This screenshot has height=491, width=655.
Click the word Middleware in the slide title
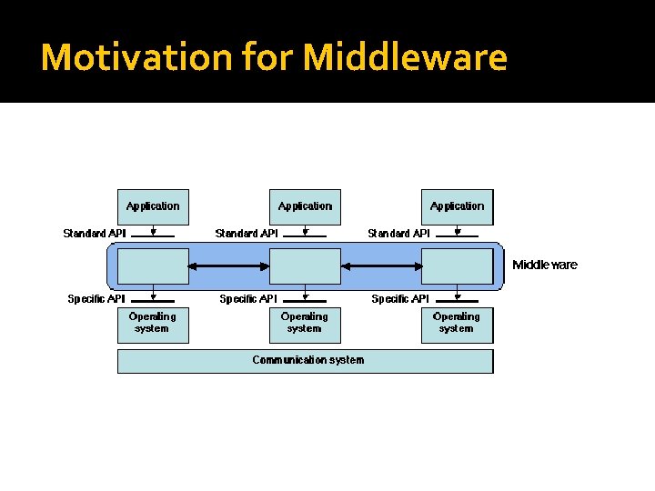[405, 57]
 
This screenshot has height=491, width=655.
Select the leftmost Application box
[153, 206]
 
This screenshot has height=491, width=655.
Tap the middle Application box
[305, 206]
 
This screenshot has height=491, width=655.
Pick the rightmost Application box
[457, 206]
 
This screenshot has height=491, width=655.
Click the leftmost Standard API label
[95, 234]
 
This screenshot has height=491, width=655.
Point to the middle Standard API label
[247, 234]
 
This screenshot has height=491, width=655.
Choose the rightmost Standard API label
[398, 234]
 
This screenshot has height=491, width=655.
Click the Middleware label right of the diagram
[544, 265]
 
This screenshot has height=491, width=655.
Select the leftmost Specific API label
[96, 298]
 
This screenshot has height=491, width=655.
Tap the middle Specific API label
[248, 298]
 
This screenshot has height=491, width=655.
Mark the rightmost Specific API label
[400, 298]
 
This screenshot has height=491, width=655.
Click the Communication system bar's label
[307, 360]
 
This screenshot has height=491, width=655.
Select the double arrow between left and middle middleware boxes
[228, 266]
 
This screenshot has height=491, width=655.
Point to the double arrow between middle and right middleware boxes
[380, 266]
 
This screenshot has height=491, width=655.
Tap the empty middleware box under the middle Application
[305, 266]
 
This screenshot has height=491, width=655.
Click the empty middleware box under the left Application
[153, 266]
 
